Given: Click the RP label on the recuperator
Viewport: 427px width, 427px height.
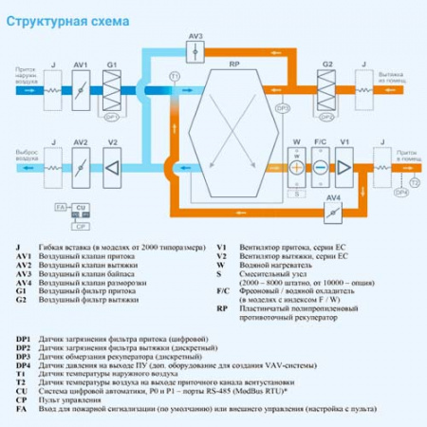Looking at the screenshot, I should click(233, 63).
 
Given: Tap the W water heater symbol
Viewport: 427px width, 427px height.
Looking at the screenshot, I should click(297, 165).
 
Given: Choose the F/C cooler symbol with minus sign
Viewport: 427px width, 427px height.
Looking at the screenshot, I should click(320, 165).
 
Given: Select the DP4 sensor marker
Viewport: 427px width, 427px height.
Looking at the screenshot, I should click(401, 193).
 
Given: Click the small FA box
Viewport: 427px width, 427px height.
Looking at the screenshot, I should click(59, 206).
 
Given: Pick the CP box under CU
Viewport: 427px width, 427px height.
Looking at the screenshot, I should click(82, 228).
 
